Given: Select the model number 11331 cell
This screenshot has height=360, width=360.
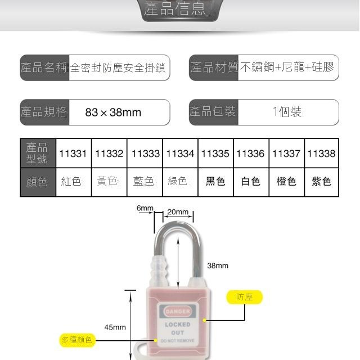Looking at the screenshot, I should pos(73,154).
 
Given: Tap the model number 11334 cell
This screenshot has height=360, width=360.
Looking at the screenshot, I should pos(180,154).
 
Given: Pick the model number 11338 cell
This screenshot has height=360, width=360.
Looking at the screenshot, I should pos(322,154).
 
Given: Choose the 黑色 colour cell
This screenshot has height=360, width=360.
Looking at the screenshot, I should pos(215,181).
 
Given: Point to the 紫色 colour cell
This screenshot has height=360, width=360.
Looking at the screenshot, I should pos(322,181).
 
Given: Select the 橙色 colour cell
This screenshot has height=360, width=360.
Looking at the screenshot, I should pos(286,181).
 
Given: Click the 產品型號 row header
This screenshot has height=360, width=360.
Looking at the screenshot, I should pos(38,152).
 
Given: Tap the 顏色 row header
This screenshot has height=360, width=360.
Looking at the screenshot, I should pos(38,182).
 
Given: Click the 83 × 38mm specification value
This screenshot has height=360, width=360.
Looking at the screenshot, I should pos(113,112).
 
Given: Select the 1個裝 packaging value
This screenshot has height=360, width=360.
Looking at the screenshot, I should pos(287,112).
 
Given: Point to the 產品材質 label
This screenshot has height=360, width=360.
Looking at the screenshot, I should pos(214,68).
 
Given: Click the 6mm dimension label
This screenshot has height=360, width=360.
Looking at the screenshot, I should pos(145,208).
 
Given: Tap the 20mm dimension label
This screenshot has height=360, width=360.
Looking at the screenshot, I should pos(178,212).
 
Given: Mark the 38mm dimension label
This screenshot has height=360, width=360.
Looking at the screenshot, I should pos(218,265).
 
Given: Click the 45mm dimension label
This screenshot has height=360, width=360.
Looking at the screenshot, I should pos(115,327).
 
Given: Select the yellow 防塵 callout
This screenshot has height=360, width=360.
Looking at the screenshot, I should pos(245,297).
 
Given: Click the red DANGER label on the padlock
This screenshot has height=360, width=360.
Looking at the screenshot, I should pos(178,311).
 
